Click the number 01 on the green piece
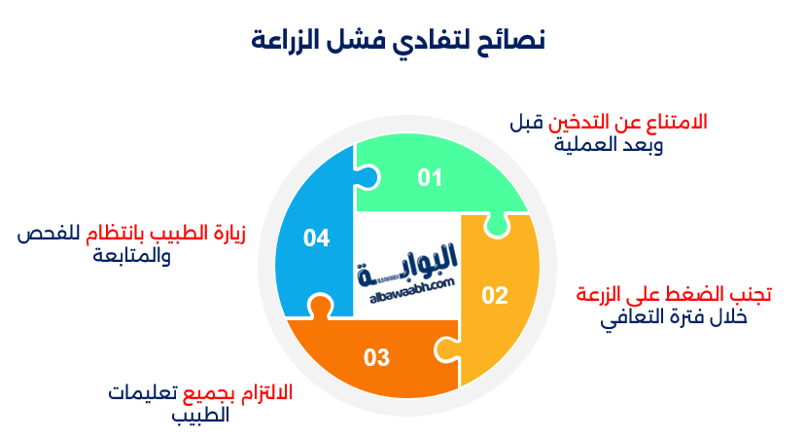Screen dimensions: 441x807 click(x=430, y=178)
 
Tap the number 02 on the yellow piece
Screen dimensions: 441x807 click(x=495, y=295)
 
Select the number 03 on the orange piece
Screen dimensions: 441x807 click(x=377, y=357)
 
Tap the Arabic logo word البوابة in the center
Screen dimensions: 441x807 click(x=412, y=262)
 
